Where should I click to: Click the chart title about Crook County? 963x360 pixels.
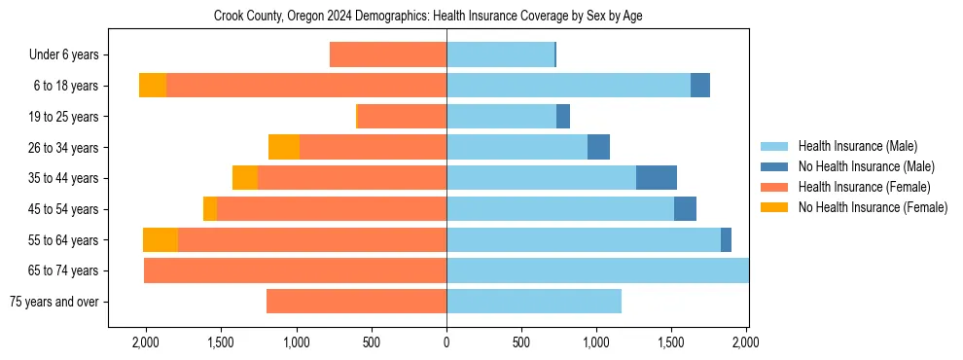point(428,16)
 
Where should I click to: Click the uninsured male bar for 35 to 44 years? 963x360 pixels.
point(657,178)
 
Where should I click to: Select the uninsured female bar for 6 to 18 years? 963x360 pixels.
point(153,86)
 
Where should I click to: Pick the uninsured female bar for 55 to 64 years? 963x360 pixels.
point(160,239)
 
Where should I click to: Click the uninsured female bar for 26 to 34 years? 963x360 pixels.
point(284,147)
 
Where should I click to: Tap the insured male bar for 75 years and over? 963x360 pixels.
point(534,302)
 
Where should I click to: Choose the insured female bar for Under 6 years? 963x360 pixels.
point(388,55)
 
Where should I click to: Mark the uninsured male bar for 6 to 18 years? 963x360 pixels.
point(700,86)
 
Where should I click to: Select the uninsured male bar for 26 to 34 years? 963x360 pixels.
point(598,147)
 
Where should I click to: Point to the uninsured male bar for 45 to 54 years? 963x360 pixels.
point(685,209)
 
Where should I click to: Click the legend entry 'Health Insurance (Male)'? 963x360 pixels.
point(857,146)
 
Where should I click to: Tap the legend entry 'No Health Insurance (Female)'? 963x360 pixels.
point(873,207)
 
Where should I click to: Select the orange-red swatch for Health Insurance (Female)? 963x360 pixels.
point(774,187)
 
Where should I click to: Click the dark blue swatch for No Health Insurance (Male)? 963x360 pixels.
point(774,166)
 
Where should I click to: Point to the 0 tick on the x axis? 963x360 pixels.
point(446,342)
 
